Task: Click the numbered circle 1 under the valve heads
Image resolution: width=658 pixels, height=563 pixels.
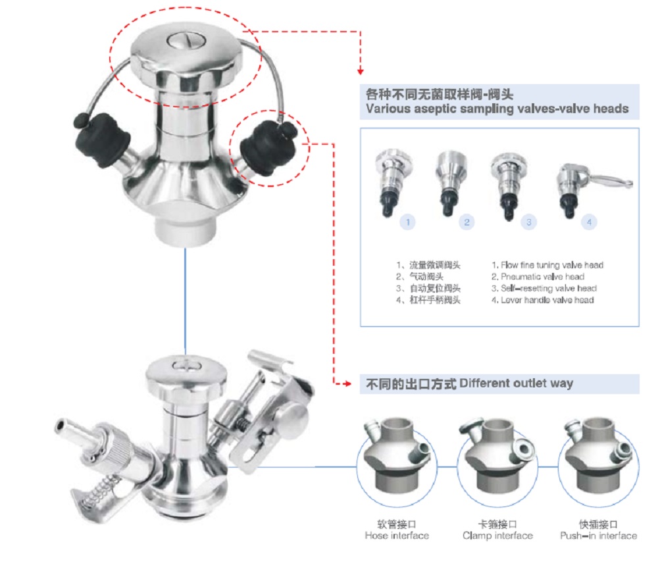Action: tap(408, 222)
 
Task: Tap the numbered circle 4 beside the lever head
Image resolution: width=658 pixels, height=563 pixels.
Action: tap(589, 222)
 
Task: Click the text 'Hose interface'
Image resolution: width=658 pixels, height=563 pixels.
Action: tap(397, 535)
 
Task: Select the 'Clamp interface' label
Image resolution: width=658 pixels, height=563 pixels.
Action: tap(497, 535)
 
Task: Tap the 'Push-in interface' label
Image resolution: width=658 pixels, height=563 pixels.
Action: tap(599, 535)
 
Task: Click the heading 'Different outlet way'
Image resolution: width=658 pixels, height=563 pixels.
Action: tap(516, 383)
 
